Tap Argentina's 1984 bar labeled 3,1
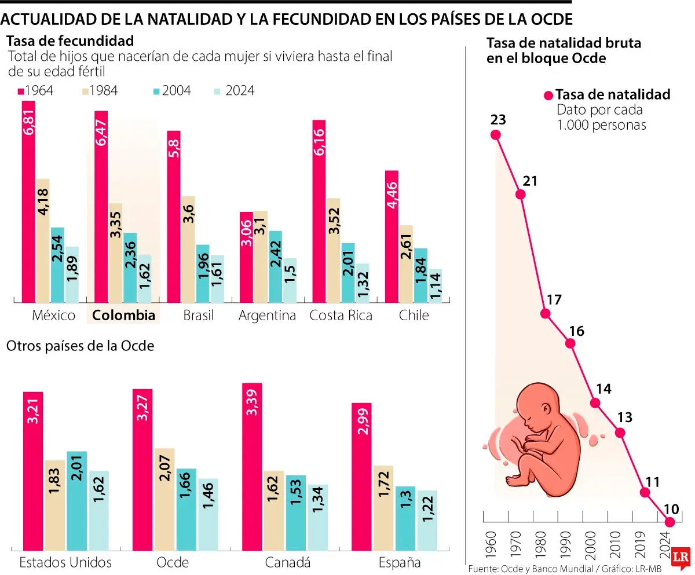(261, 256)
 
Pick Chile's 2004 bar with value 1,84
(420, 275)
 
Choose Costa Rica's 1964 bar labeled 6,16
(319, 211)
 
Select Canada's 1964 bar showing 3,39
(252, 466)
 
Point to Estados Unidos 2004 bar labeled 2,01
(77, 500)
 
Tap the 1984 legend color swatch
(85, 91)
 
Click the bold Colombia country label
(124, 316)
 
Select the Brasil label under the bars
(198, 316)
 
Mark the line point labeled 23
(495, 135)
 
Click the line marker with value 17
(545, 313)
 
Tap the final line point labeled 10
(670, 522)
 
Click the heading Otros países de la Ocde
(80, 346)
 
